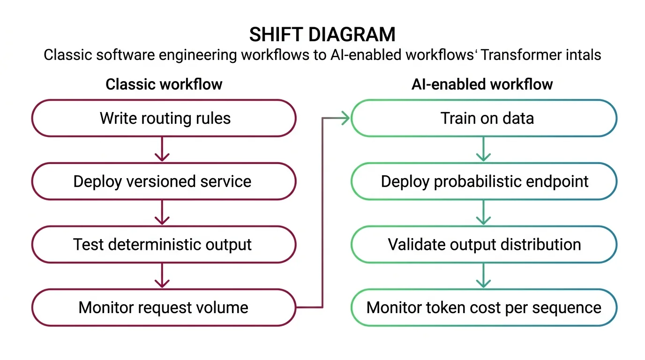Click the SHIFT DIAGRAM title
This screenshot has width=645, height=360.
coord(322,35)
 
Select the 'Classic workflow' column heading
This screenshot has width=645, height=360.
coord(164,84)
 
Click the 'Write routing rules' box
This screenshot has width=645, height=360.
coord(164,118)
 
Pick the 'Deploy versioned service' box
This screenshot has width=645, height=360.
coord(164,181)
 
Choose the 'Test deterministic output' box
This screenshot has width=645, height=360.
coord(164,244)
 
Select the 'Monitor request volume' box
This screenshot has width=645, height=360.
coord(164,307)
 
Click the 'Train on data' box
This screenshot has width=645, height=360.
coord(484,118)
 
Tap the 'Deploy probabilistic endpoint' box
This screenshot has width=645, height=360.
coord(484,181)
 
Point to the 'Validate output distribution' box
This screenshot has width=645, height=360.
coord(484,244)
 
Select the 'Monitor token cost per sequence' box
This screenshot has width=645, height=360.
coord(484,307)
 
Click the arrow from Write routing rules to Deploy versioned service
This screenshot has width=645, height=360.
coord(162,150)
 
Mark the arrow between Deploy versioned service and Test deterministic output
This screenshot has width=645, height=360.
coord(162,213)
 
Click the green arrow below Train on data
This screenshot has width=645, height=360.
coord(483,150)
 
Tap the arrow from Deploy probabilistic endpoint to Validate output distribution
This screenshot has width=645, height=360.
coord(483,213)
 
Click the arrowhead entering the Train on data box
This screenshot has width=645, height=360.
coord(345,118)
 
